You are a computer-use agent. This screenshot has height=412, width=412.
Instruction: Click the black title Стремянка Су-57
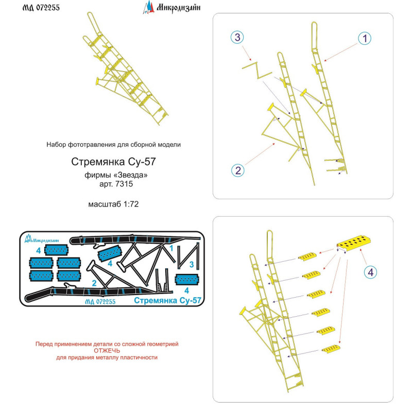pyautogui.click(x=112, y=161)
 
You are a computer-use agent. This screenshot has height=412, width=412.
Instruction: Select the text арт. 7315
pyautogui.click(x=112, y=184)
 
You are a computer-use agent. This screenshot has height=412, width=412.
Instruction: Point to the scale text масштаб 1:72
pyautogui.click(x=112, y=203)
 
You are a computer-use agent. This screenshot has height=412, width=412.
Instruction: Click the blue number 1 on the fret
pyautogui.click(x=171, y=248)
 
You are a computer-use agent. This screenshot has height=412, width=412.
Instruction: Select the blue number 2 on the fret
pyautogui.click(x=94, y=283)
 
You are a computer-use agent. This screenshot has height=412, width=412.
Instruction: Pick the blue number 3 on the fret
pyautogui.click(x=192, y=264)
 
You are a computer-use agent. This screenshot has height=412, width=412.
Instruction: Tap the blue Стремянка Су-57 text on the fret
pyautogui.click(x=167, y=300)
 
